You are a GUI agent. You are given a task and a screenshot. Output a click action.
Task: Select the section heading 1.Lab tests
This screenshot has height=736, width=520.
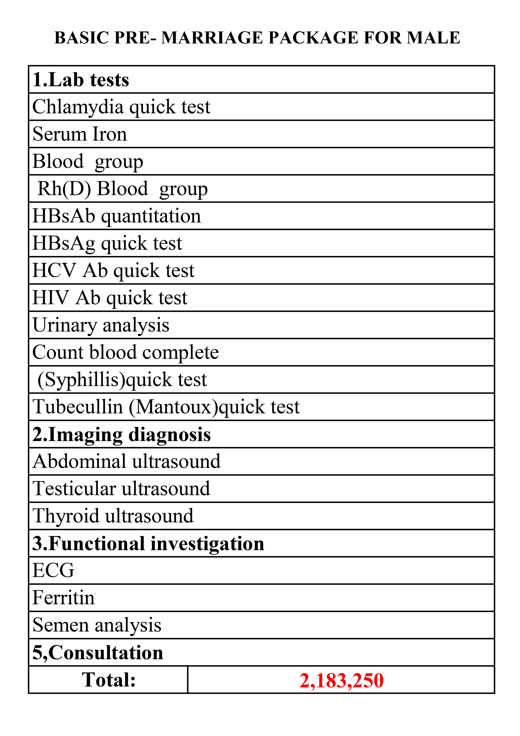click(x=81, y=80)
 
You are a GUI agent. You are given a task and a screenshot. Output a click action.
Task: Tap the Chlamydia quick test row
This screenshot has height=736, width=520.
click(x=121, y=107)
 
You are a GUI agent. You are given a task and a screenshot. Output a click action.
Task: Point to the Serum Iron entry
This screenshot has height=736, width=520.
click(x=79, y=134)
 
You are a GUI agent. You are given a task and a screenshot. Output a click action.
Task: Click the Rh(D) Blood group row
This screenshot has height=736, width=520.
click(x=122, y=188)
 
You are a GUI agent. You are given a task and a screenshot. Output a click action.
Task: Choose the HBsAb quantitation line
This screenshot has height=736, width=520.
click(x=117, y=216)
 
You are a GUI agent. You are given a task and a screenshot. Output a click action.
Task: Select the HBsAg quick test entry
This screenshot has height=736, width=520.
click(x=107, y=243)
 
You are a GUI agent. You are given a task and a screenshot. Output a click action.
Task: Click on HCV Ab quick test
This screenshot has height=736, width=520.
click(x=113, y=270)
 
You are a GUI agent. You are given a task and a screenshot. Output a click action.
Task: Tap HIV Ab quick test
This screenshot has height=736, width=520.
click(x=110, y=298)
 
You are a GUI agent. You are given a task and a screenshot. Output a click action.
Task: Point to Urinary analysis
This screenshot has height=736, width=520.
click(x=101, y=325)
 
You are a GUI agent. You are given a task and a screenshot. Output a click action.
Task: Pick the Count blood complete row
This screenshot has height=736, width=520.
click(x=125, y=352)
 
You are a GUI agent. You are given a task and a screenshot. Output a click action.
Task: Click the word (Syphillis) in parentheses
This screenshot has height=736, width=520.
click(x=81, y=380)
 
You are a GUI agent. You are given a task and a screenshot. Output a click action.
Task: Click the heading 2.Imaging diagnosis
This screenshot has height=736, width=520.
click(x=121, y=434)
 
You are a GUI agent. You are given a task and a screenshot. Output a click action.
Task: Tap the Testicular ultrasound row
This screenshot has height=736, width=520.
click(x=121, y=488)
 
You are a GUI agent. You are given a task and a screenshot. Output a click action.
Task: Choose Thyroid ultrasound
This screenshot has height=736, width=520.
click(x=113, y=516)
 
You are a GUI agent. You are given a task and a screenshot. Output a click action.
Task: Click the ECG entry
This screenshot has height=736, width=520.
click(x=53, y=570)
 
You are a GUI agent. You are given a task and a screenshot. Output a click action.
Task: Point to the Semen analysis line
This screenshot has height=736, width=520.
click(x=97, y=625)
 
